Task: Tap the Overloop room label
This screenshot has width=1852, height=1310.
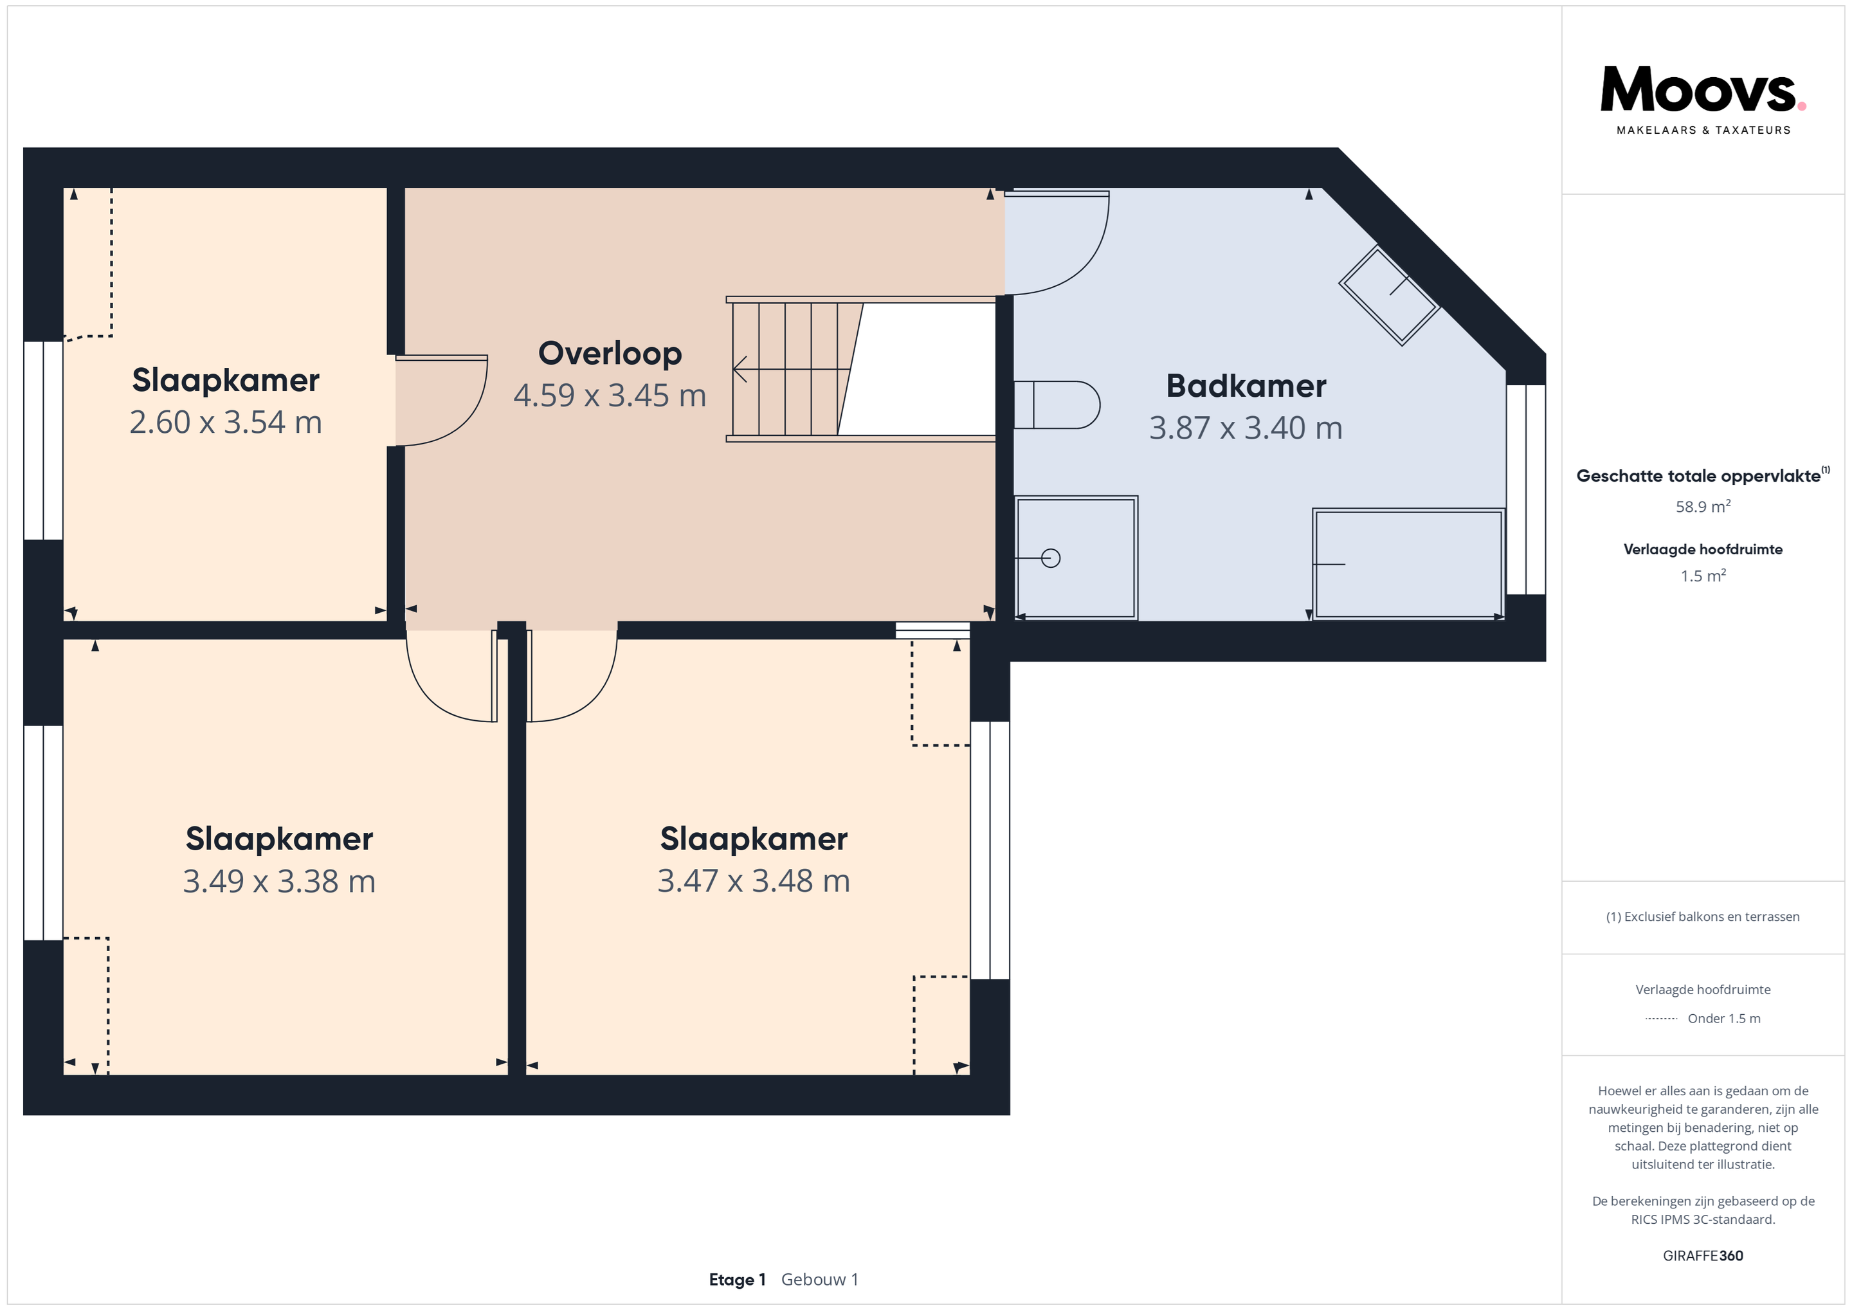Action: (x=610, y=353)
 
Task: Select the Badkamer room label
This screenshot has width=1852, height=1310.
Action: (x=1246, y=386)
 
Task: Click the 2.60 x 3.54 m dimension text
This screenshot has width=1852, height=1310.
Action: (x=226, y=422)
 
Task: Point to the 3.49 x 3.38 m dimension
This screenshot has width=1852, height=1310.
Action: (x=279, y=881)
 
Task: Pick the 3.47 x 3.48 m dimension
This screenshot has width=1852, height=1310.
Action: (x=754, y=881)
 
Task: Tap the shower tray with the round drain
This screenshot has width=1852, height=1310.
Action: (x=1076, y=558)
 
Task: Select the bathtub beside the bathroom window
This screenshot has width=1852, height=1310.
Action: (x=1408, y=564)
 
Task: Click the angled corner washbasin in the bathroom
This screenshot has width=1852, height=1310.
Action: (x=1390, y=295)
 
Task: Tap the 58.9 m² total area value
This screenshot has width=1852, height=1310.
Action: (x=1703, y=507)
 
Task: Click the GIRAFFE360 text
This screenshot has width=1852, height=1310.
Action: (x=1703, y=1256)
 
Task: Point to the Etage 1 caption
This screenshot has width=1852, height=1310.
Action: (x=737, y=1279)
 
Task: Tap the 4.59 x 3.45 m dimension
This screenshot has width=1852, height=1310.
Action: (x=610, y=396)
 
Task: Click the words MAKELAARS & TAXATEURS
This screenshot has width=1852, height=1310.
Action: (x=1703, y=130)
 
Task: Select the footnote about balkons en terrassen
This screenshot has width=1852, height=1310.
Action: (x=1703, y=916)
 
